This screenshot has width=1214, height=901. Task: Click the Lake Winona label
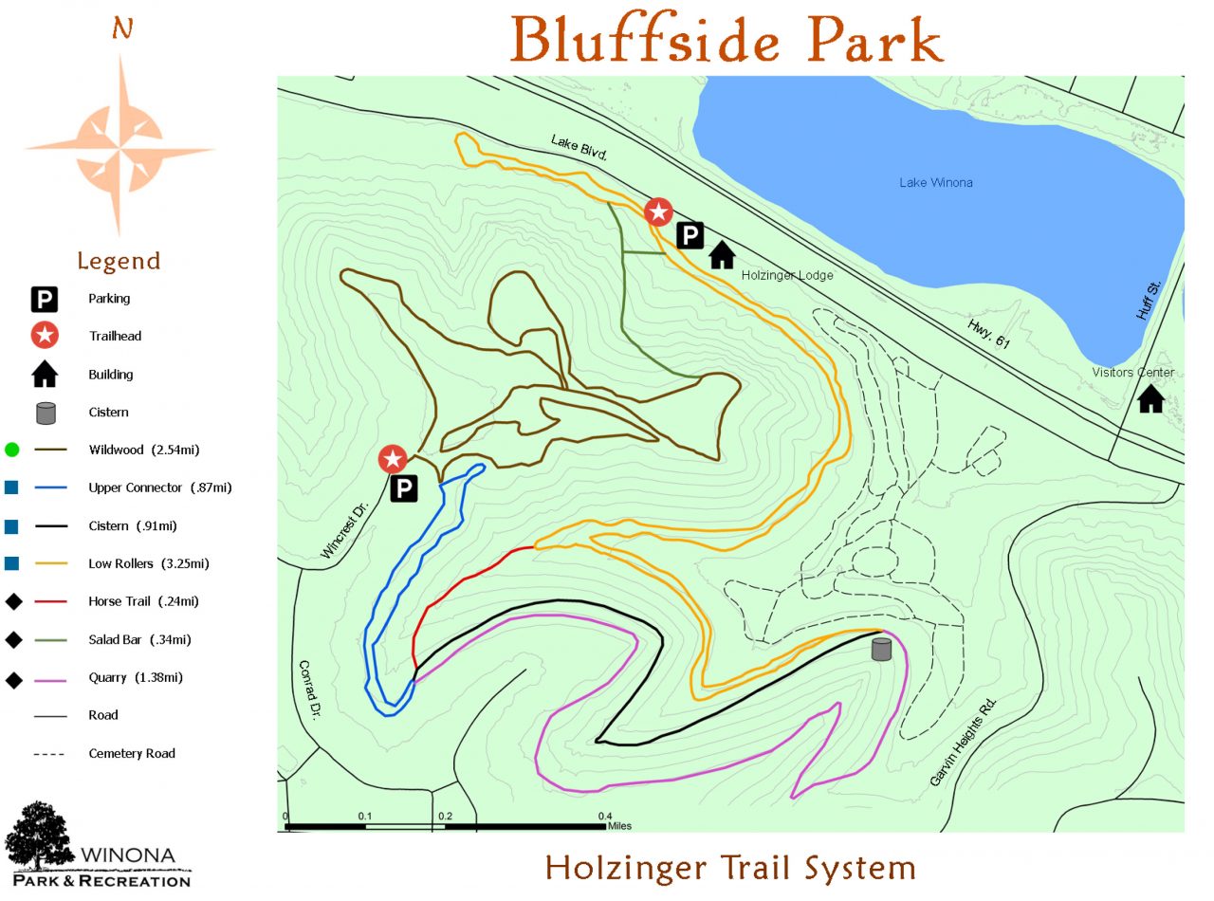[x=935, y=182]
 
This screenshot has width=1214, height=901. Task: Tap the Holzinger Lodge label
[x=786, y=275]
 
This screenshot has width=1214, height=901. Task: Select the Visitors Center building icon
[x=1150, y=398]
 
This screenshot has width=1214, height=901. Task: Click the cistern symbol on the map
[x=882, y=649]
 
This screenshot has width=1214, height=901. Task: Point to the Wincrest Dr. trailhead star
[x=393, y=459]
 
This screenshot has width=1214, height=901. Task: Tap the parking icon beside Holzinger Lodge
[x=690, y=235]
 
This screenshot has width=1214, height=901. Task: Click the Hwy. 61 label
[x=989, y=335]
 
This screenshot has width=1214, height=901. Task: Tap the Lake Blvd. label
[x=578, y=147]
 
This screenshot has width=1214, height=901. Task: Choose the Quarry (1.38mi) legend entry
[x=135, y=677]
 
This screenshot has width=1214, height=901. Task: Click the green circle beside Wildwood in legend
[x=12, y=450]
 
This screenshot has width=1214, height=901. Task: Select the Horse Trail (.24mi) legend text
[x=143, y=601]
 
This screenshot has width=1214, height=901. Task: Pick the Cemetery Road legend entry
[x=132, y=753]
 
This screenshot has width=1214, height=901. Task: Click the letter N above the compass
[x=121, y=29]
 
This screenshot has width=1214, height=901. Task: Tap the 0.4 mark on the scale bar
[x=604, y=816]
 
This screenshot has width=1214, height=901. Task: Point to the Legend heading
[x=119, y=261]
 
